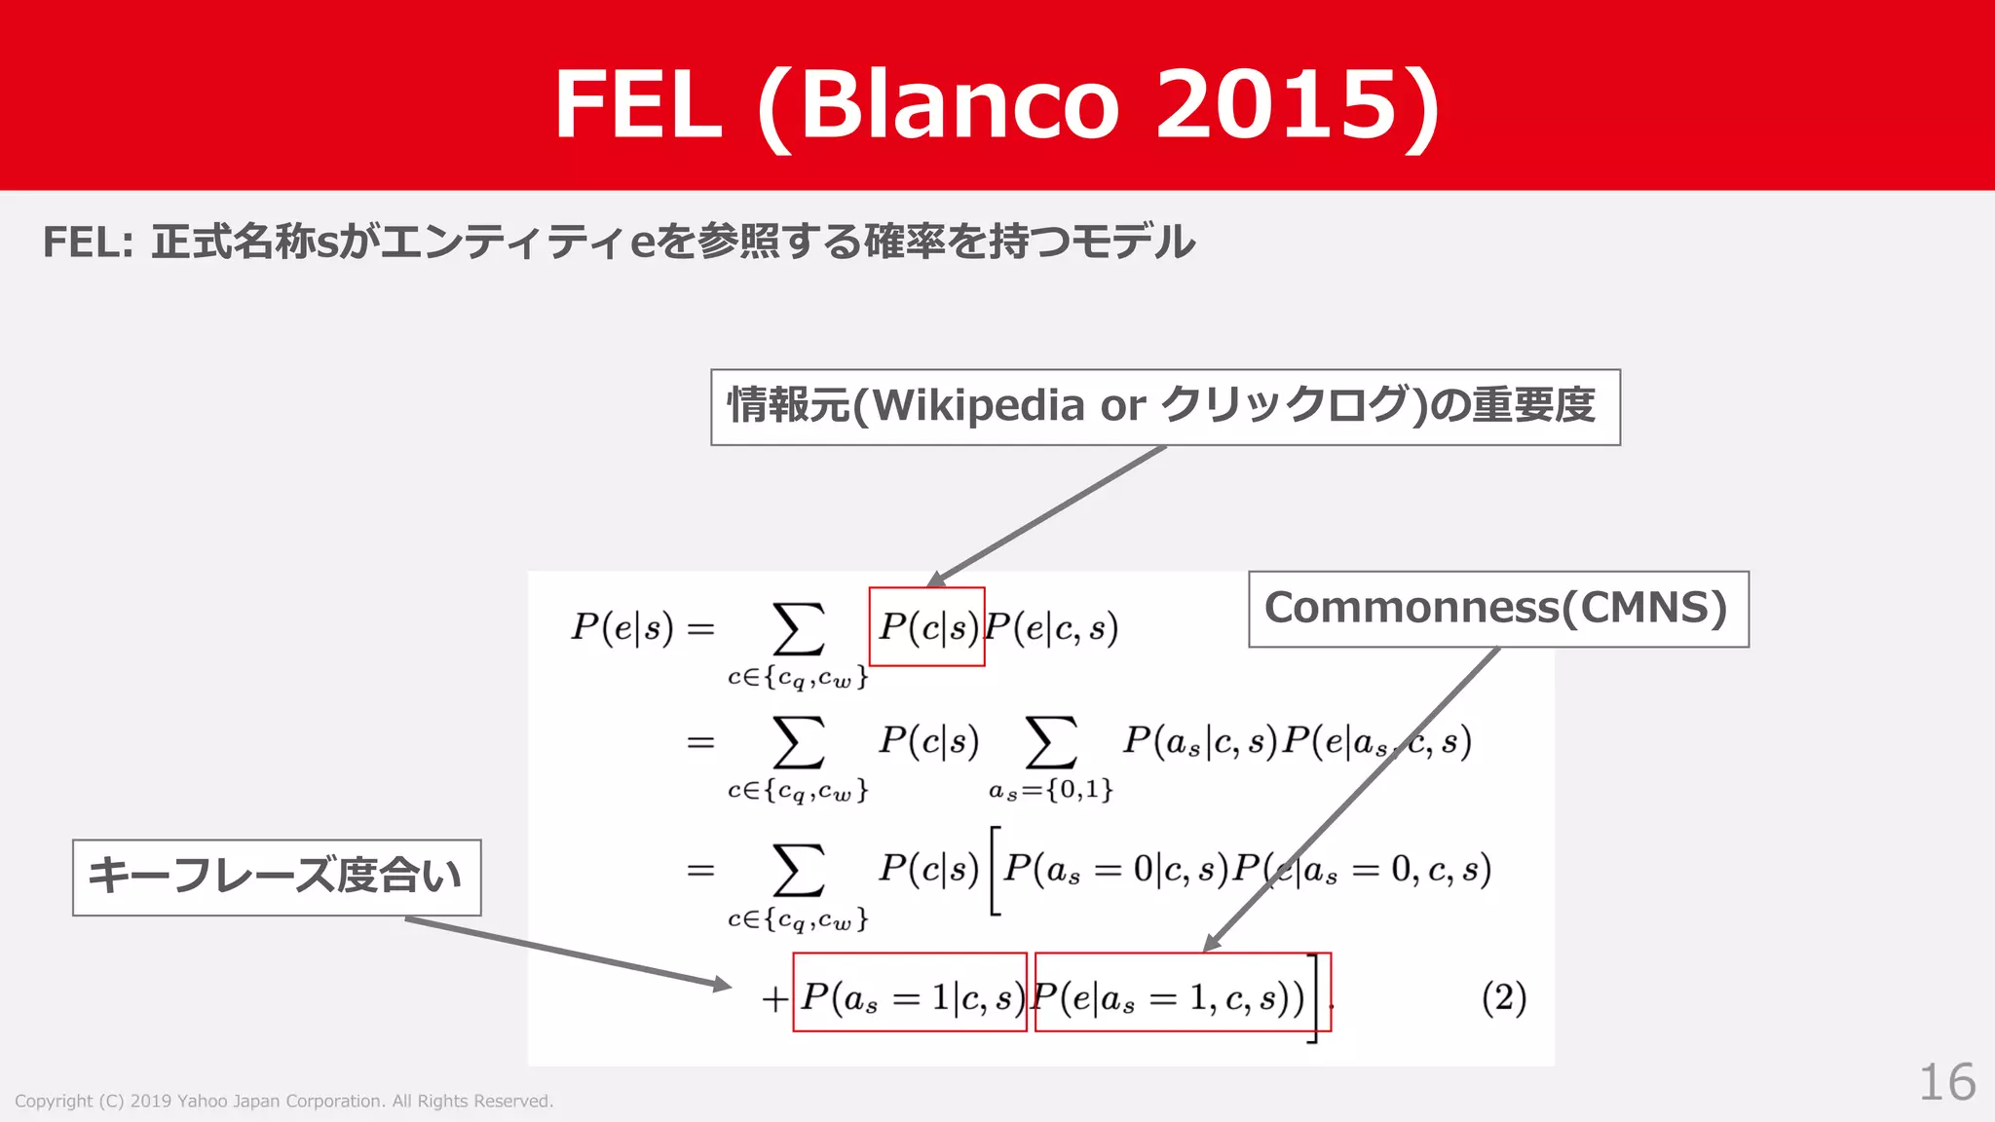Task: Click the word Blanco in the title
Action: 960,105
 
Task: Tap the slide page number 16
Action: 1946,1082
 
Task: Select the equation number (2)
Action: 1503,997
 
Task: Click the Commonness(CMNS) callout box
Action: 1497,609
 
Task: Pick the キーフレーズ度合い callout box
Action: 277,877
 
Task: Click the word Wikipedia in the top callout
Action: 979,406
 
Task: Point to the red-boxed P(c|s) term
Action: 926,627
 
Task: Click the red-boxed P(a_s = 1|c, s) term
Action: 910,997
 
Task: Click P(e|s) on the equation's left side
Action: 621,627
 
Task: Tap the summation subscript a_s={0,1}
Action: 1050,789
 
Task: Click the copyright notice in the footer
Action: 283,1101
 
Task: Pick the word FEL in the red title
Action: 638,105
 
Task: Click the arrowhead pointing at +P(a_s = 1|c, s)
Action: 722,985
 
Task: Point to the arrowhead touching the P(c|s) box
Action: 936,579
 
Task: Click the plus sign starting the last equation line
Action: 774,999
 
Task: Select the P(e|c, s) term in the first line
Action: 1051,627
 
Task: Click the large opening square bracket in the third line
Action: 995,870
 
